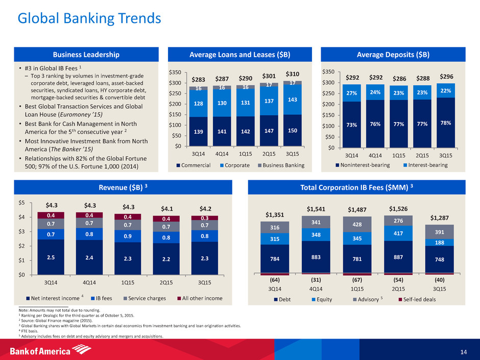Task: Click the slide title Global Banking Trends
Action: coord(89,19)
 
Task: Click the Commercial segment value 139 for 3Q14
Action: coord(199,132)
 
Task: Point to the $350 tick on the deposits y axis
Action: coord(329,71)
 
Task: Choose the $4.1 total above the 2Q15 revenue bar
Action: coord(166,208)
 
